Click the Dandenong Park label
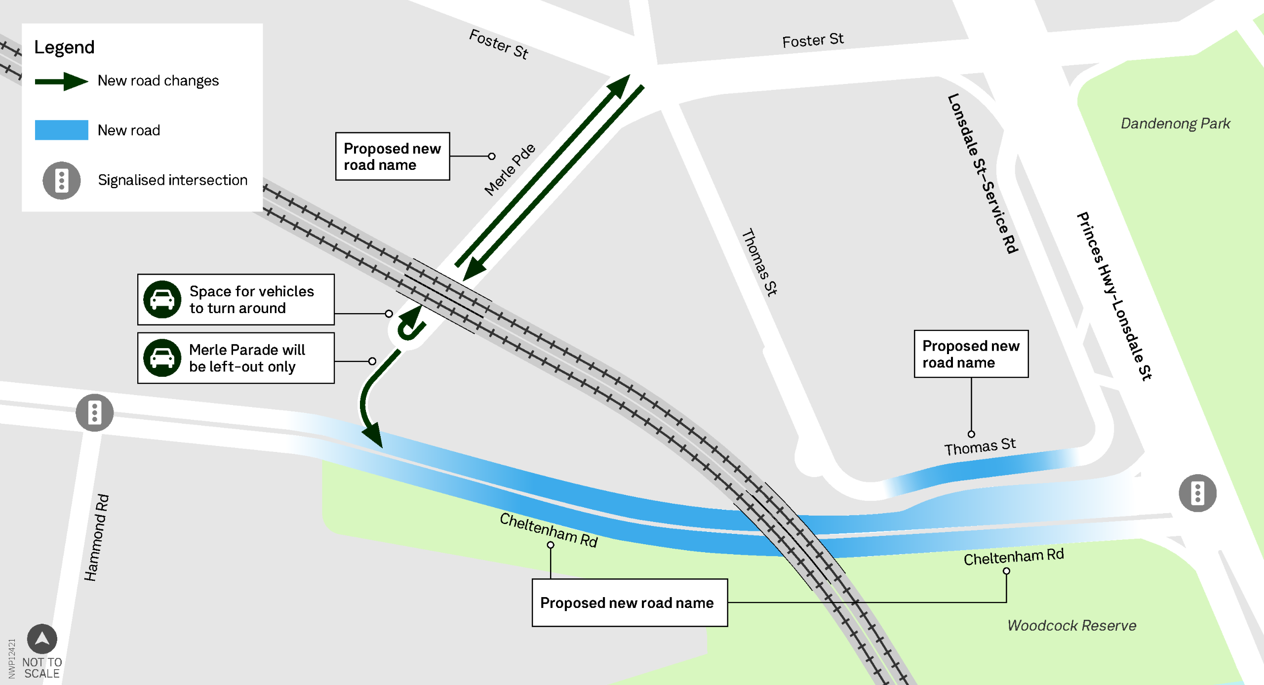pyautogui.click(x=1175, y=123)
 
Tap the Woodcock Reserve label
pyautogui.click(x=1071, y=625)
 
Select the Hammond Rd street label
pyautogui.click(x=97, y=538)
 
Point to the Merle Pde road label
pyautogui.click(x=510, y=169)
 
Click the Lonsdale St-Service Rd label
pyautogui.click(x=983, y=173)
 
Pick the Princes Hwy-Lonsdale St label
pyautogui.click(x=1114, y=296)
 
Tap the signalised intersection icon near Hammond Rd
pyautogui.click(x=94, y=412)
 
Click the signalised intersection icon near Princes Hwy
pyautogui.click(x=1197, y=493)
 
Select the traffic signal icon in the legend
pyautogui.click(x=62, y=180)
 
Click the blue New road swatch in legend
pyautogui.click(x=62, y=130)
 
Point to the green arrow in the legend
pyautogui.click(x=62, y=81)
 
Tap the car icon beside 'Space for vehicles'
pyautogui.click(x=162, y=299)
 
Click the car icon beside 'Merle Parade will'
pyautogui.click(x=162, y=358)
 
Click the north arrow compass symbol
pyautogui.click(x=42, y=639)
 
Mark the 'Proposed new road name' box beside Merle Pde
pyautogui.click(x=392, y=156)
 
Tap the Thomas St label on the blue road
pyautogui.click(x=980, y=446)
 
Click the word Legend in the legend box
pyautogui.click(x=64, y=47)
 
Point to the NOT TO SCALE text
pyautogui.click(x=42, y=668)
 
